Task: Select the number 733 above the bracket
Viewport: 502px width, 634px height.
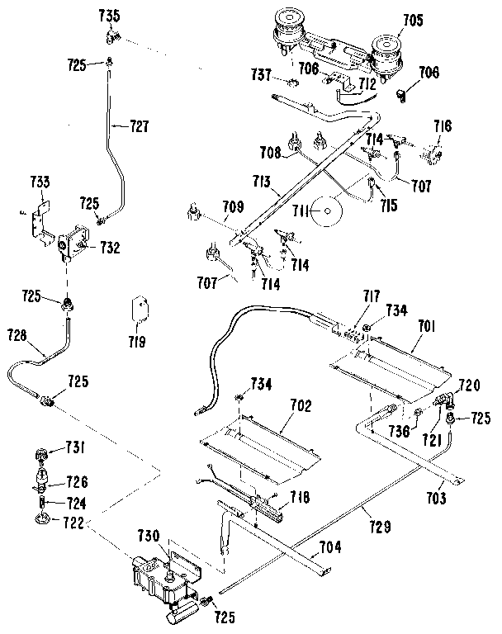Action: pyautogui.click(x=40, y=182)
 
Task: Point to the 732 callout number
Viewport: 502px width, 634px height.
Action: pyautogui.click(x=110, y=245)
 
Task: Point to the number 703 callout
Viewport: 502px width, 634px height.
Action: pyautogui.click(x=438, y=499)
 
